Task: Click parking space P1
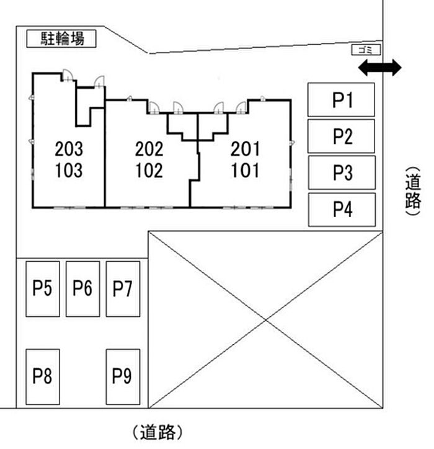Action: point(342,100)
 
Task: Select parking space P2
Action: point(342,136)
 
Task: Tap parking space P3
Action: point(342,172)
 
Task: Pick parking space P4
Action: point(342,210)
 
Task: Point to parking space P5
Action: point(42,288)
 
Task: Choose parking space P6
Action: point(82,288)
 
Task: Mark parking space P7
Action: point(123,288)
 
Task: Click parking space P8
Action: point(42,376)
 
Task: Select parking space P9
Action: point(123,376)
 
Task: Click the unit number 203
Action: point(68,149)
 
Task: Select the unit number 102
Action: point(149,170)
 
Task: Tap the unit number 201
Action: point(245,149)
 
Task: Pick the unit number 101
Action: point(245,170)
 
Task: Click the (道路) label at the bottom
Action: point(157,431)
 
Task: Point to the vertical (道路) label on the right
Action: point(413,191)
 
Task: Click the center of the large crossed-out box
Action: point(266,319)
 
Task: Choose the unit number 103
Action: point(68,170)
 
